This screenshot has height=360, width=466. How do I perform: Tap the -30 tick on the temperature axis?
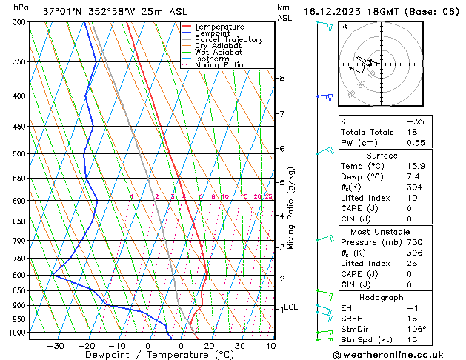click(56, 345)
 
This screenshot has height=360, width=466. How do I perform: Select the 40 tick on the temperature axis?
click(270, 345)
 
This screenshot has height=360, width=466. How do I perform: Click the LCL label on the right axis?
click(290, 307)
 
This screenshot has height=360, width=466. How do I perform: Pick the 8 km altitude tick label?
click(282, 78)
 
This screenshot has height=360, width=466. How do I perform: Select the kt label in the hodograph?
click(344, 26)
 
